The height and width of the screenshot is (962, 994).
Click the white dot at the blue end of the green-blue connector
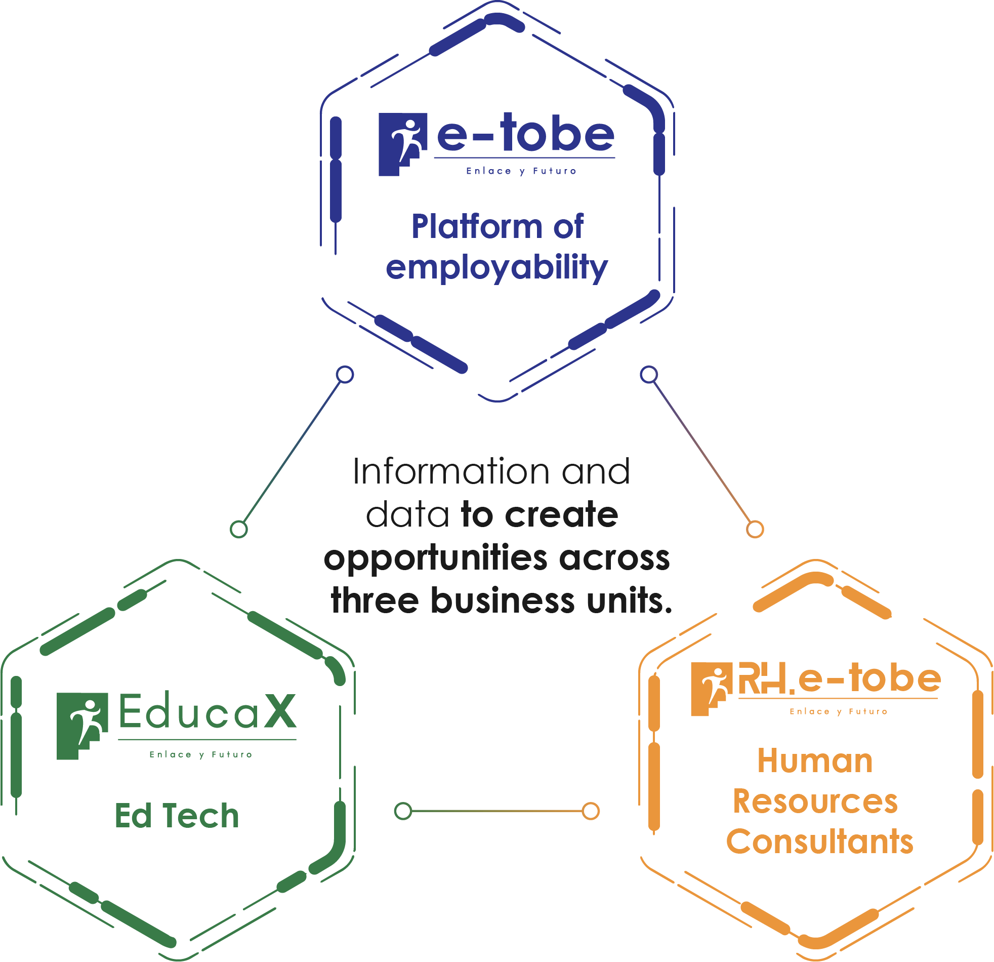click(344, 375)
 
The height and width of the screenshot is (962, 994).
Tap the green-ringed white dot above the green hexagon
click(238, 529)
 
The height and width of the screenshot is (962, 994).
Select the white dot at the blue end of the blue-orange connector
click(649, 375)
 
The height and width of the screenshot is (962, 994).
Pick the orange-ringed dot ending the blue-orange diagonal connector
click(755, 529)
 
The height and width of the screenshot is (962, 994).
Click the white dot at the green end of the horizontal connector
click(403, 811)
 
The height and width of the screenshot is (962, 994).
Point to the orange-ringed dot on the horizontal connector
click(590, 811)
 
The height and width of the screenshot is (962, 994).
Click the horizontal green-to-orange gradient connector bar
click(497, 816)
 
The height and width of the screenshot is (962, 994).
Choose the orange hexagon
click(811, 761)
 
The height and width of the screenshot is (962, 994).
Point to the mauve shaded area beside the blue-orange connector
click(811, 482)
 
